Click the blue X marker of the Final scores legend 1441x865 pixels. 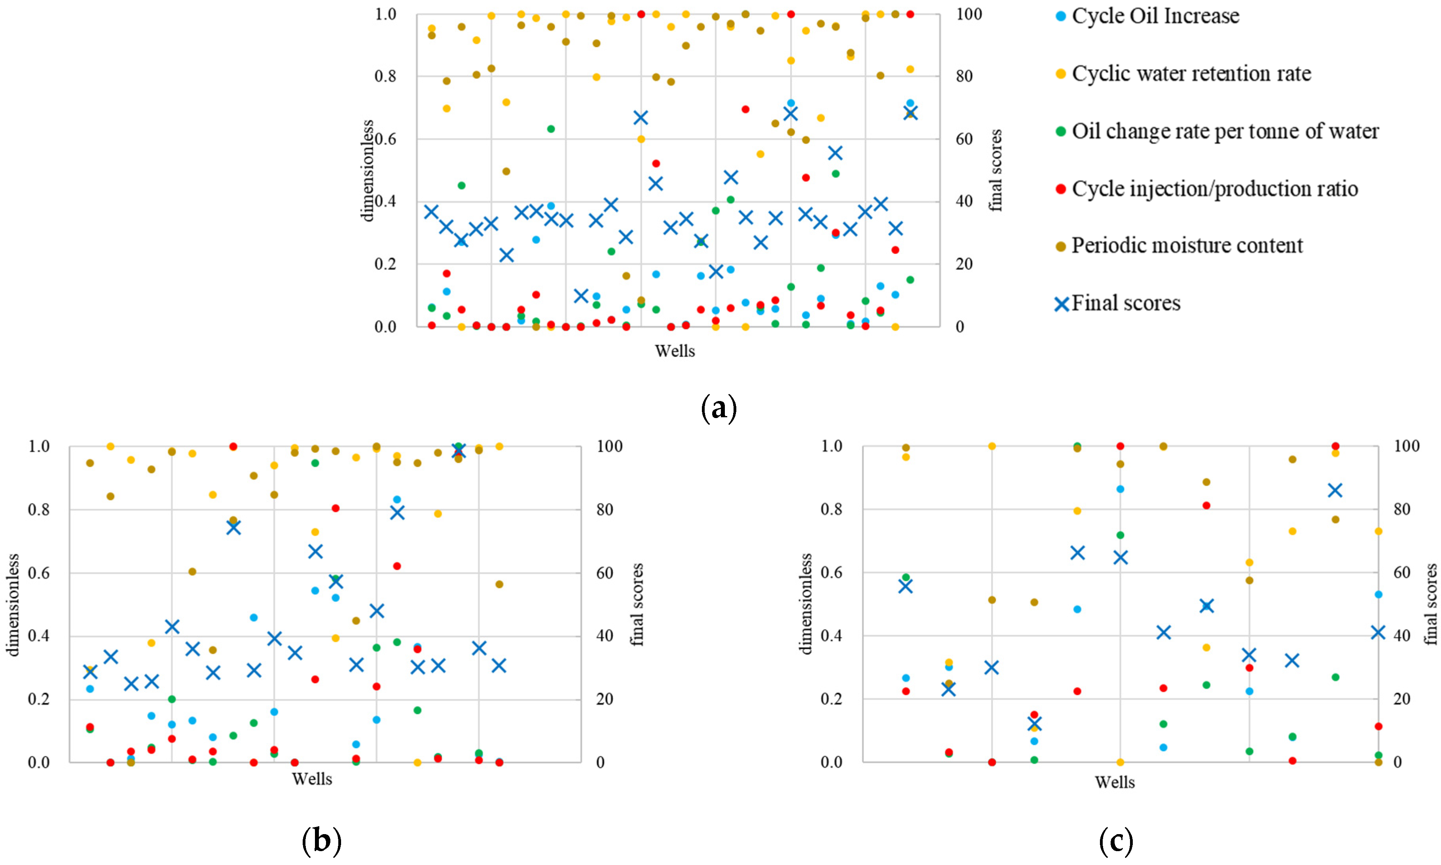(x=1062, y=304)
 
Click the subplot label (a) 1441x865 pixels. (x=719, y=408)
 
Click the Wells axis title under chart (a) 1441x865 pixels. (x=675, y=351)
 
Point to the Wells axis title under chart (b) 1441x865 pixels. (x=312, y=779)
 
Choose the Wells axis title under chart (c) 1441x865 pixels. (x=1114, y=782)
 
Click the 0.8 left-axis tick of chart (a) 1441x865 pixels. (x=385, y=76)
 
